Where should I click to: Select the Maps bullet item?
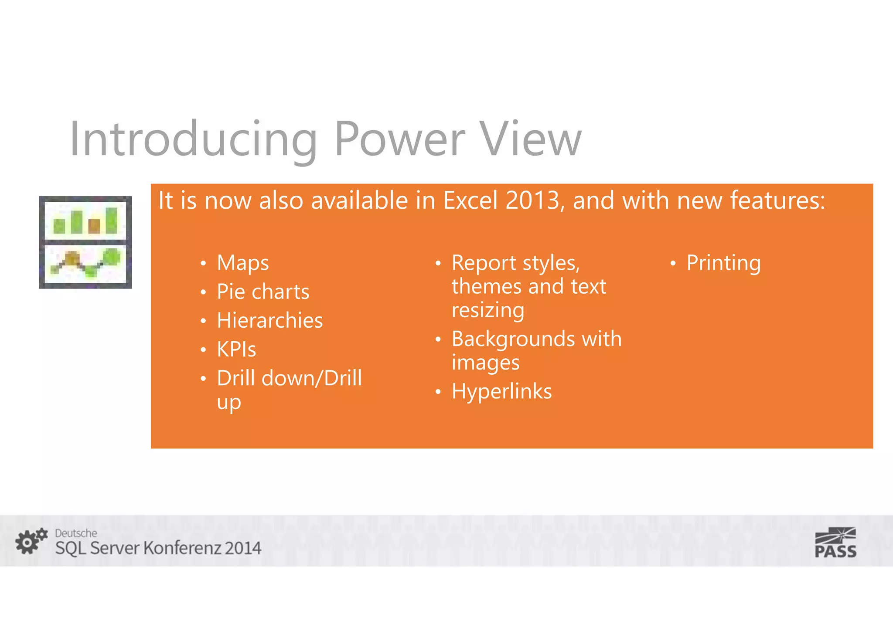click(242, 263)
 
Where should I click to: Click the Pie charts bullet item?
click(263, 292)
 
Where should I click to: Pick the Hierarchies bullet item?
click(269, 321)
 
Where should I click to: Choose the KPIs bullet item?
click(236, 349)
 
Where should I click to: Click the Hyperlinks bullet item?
click(501, 391)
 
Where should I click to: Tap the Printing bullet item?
click(723, 263)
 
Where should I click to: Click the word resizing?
click(487, 311)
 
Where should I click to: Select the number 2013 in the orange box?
click(532, 201)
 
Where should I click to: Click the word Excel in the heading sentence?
click(470, 201)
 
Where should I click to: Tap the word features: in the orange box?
click(777, 201)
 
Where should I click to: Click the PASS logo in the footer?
click(835, 543)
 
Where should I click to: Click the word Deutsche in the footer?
click(76, 533)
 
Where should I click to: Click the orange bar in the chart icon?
click(94, 226)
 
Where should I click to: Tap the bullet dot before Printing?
click(673, 264)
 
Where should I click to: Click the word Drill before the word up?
click(343, 378)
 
